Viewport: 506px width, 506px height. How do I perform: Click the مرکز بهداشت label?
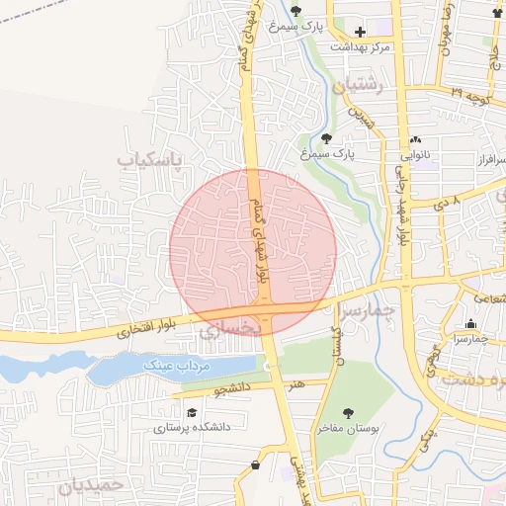(x=360, y=46)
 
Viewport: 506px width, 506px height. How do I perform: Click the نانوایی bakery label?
(x=415, y=155)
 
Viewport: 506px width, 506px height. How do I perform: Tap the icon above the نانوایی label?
(x=415, y=140)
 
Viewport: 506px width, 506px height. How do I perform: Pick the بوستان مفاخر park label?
(x=347, y=428)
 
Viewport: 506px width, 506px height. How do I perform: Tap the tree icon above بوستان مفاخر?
(x=347, y=413)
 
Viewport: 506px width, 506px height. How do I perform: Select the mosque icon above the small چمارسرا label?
(x=469, y=324)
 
